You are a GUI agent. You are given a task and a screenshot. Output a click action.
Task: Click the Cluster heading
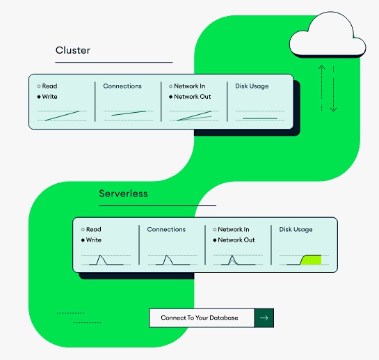[x=73, y=50]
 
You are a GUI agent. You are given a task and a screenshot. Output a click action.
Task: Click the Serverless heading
[x=123, y=194]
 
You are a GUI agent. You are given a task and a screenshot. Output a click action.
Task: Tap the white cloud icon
[x=328, y=34]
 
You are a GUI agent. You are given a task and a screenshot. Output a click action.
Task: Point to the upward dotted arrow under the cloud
[x=321, y=88]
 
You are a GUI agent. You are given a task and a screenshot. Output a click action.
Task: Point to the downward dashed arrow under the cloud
[x=334, y=88]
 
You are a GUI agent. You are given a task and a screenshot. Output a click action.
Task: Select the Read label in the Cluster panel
[x=49, y=86]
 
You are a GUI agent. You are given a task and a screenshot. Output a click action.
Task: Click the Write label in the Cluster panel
[x=49, y=97]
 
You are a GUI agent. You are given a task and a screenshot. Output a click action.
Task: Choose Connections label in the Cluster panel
[x=122, y=86]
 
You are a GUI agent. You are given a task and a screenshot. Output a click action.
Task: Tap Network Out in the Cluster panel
[x=193, y=97]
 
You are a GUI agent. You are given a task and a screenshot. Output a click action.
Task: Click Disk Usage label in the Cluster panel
[x=252, y=86]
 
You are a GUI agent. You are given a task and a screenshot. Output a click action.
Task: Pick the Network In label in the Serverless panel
[x=234, y=229]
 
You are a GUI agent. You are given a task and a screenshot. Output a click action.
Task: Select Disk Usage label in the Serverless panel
[x=296, y=230]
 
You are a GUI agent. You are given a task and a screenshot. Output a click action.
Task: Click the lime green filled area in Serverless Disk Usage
[x=312, y=260]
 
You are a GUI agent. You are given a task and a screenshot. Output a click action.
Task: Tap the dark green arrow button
[x=264, y=318]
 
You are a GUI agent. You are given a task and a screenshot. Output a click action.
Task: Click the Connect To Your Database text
[x=200, y=318]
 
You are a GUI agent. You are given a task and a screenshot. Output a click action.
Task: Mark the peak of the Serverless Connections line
[x=166, y=256]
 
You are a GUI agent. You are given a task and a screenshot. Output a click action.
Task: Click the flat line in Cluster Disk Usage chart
[x=260, y=118]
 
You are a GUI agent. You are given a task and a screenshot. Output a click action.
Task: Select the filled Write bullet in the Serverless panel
[x=83, y=240]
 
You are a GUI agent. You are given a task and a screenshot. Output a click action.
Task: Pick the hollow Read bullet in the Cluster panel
[x=39, y=86]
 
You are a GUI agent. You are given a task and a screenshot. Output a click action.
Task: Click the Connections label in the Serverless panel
[x=166, y=229]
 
